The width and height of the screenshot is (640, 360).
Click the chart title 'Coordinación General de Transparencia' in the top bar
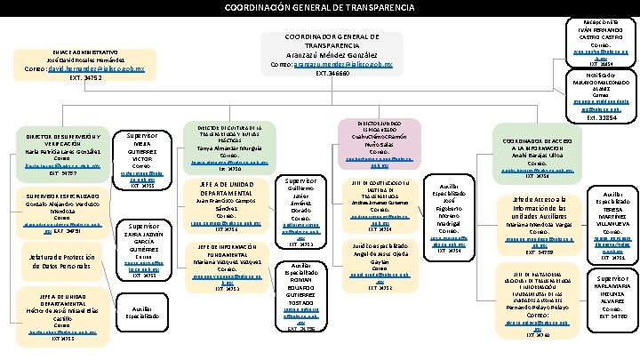[x=319, y=8]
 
